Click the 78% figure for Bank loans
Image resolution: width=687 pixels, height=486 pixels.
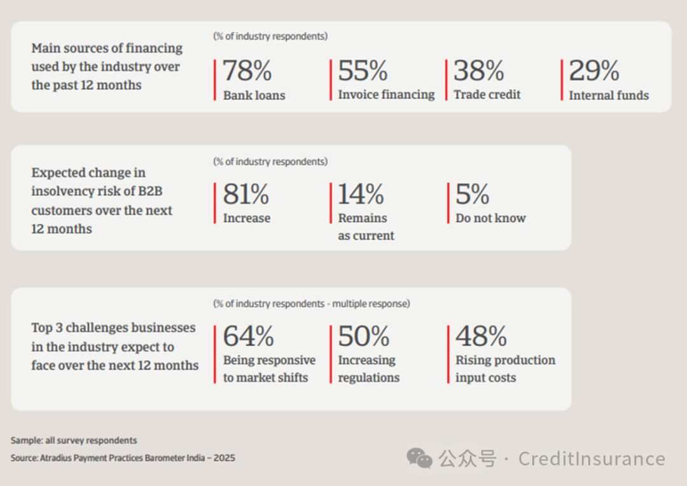coord(247,71)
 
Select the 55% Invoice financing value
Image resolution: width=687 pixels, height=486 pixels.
coord(363,71)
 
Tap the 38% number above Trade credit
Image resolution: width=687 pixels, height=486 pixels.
coord(478,71)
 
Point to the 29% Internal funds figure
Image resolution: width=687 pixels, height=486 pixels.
coord(593,71)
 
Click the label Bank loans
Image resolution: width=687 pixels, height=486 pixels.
coord(254,95)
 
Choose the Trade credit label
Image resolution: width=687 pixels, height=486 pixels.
coord(487,94)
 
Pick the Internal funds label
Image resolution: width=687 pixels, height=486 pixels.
coord(609,95)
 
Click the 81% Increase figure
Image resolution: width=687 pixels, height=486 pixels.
coord(246,194)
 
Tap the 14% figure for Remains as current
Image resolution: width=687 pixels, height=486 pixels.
coord(361,194)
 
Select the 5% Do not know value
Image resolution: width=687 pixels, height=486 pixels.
coord(472,194)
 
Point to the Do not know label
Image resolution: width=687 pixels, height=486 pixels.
coord(490,218)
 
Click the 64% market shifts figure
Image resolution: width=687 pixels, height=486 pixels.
coord(249,336)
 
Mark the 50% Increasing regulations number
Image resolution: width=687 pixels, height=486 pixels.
coord(364,336)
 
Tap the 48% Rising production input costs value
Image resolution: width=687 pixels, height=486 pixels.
coord(481,336)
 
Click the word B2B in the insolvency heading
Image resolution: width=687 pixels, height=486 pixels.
coord(150,191)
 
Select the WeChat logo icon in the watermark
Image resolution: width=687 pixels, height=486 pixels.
coord(419,458)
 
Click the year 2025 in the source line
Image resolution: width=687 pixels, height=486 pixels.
coord(225,458)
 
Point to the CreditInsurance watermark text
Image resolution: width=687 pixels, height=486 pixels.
coord(592,459)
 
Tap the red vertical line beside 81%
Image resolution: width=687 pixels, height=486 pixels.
coord(215,203)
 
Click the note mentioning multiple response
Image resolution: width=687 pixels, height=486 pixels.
coord(312,303)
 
